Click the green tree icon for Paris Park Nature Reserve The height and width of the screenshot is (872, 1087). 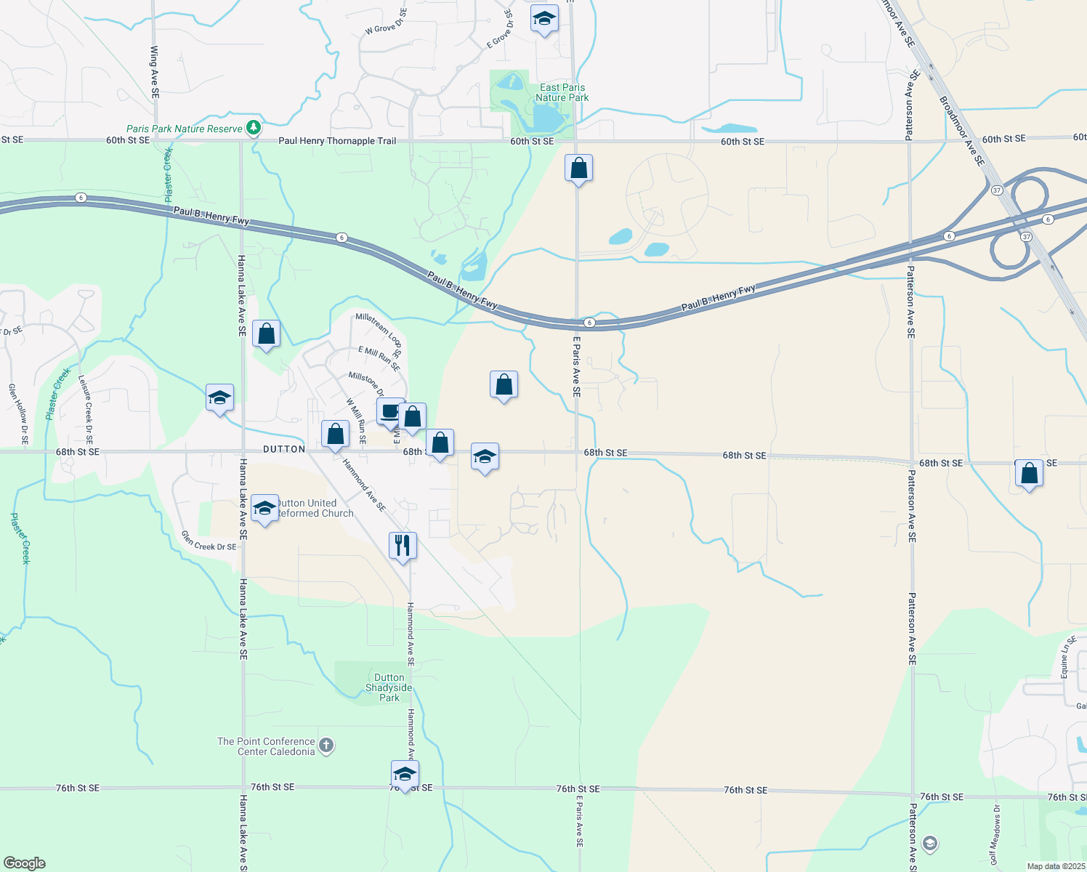click(253, 129)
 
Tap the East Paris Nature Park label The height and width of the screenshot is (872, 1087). click(562, 92)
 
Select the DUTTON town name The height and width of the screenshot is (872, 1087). click(284, 449)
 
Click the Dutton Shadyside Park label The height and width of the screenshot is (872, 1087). click(389, 687)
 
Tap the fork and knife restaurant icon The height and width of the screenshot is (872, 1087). click(403, 545)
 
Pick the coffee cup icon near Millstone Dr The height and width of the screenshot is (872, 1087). click(389, 411)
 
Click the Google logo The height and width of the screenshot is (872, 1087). click(25, 863)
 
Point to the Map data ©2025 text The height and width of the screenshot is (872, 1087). click(1055, 866)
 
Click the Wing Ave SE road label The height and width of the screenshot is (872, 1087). click(154, 73)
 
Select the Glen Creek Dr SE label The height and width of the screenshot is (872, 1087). click(209, 541)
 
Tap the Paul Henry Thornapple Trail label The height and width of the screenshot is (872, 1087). click(337, 141)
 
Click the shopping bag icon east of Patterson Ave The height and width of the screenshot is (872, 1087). click(1029, 474)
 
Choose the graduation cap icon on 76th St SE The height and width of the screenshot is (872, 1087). click(405, 774)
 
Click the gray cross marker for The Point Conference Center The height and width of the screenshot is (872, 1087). click(326, 745)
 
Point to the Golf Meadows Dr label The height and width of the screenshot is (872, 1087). click(995, 834)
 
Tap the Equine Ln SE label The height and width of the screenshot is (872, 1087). click(1067, 658)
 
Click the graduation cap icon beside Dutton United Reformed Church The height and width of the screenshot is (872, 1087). click(264, 508)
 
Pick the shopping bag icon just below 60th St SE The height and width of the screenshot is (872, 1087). click(578, 169)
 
